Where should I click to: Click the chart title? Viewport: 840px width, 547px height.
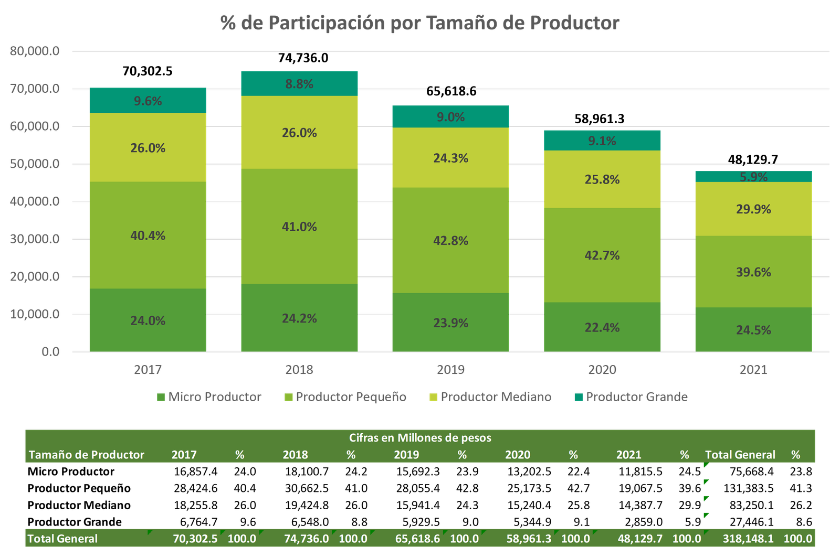pyautogui.click(x=419, y=23)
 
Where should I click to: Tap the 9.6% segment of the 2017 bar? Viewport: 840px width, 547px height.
pyautogui.click(x=148, y=101)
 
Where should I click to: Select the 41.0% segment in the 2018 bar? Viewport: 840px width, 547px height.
pyautogui.click(x=299, y=227)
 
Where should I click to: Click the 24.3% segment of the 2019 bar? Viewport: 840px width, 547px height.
pyautogui.click(x=450, y=158)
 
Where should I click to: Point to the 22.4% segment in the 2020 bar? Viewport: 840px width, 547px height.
pyautogui.click(x=602, y=327)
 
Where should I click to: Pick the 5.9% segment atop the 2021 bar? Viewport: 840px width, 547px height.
pyautogui.click(x=753, y=177)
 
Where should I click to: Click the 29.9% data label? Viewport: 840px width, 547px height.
pyautogui.click(x=753, y=209)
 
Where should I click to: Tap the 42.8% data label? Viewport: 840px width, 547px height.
pyautogui.click(x=450, y=241)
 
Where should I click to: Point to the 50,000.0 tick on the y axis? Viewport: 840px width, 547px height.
pyautogui.click(x=35, y=164)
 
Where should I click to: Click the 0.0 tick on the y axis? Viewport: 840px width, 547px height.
pyautogui.click(x=50, y=351)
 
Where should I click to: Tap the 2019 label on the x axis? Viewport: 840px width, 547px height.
pyautogui.click(x=450, y=370)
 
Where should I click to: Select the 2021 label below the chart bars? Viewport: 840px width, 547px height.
pyautogui.click(x=753, y=370)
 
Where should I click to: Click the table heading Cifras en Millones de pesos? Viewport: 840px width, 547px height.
pyautogui.click(x=420, y=437)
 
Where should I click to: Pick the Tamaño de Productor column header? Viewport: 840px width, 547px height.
pyautogui.click(x=86, y=455)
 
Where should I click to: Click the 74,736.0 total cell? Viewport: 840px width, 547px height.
pyautogui.click(x=306, y=539)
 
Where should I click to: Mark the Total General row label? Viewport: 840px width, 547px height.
pyautogui.click(x=62, y=539)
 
